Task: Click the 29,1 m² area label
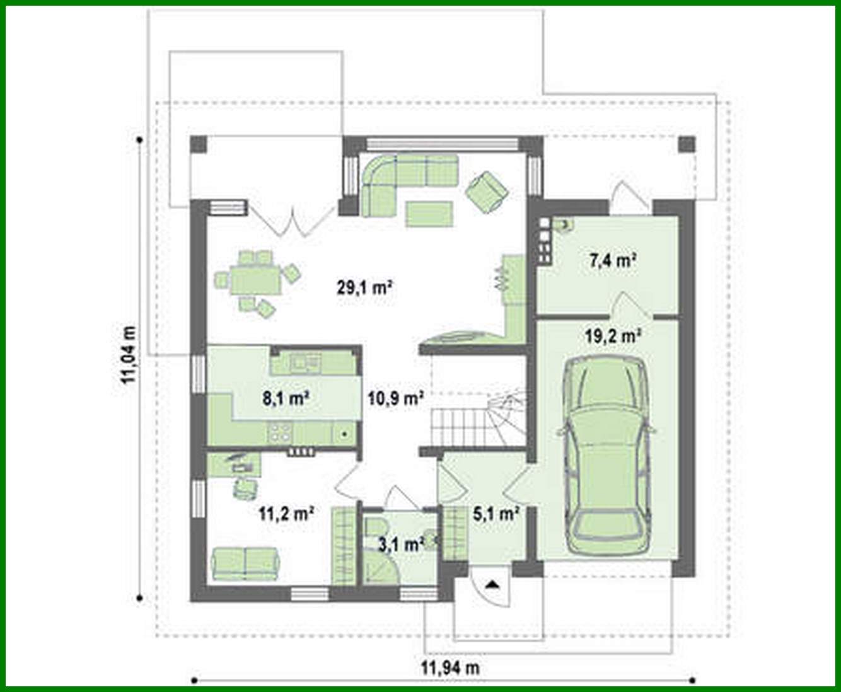[x=366, y=288]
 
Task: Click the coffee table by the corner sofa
[x=429, y=213]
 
